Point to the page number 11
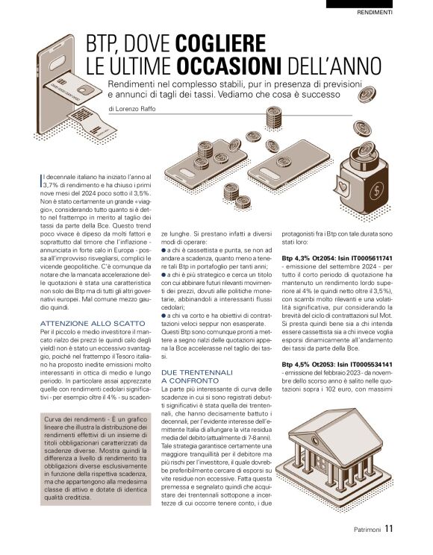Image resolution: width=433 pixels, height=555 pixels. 389,530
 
